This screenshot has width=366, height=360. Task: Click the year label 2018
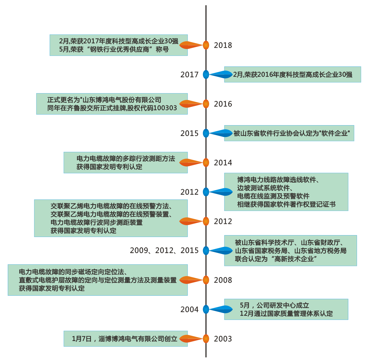223,45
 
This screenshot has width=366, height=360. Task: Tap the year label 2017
189,75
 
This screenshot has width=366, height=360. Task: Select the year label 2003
223,339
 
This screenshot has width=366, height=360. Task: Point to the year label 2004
189,310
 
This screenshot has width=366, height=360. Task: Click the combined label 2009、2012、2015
164,251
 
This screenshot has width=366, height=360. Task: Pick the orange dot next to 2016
206,104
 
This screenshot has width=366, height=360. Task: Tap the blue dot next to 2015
206,133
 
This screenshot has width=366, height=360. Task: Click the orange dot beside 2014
206,162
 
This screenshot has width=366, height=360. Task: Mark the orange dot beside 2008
206,280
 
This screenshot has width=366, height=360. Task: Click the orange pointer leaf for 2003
191,339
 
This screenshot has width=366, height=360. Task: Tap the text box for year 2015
289,133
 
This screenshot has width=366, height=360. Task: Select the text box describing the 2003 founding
125,339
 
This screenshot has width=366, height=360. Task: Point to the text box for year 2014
125,162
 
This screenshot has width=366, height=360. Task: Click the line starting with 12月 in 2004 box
286,314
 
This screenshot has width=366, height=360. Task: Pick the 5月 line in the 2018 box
114,49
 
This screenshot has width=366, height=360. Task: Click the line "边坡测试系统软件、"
265,188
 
